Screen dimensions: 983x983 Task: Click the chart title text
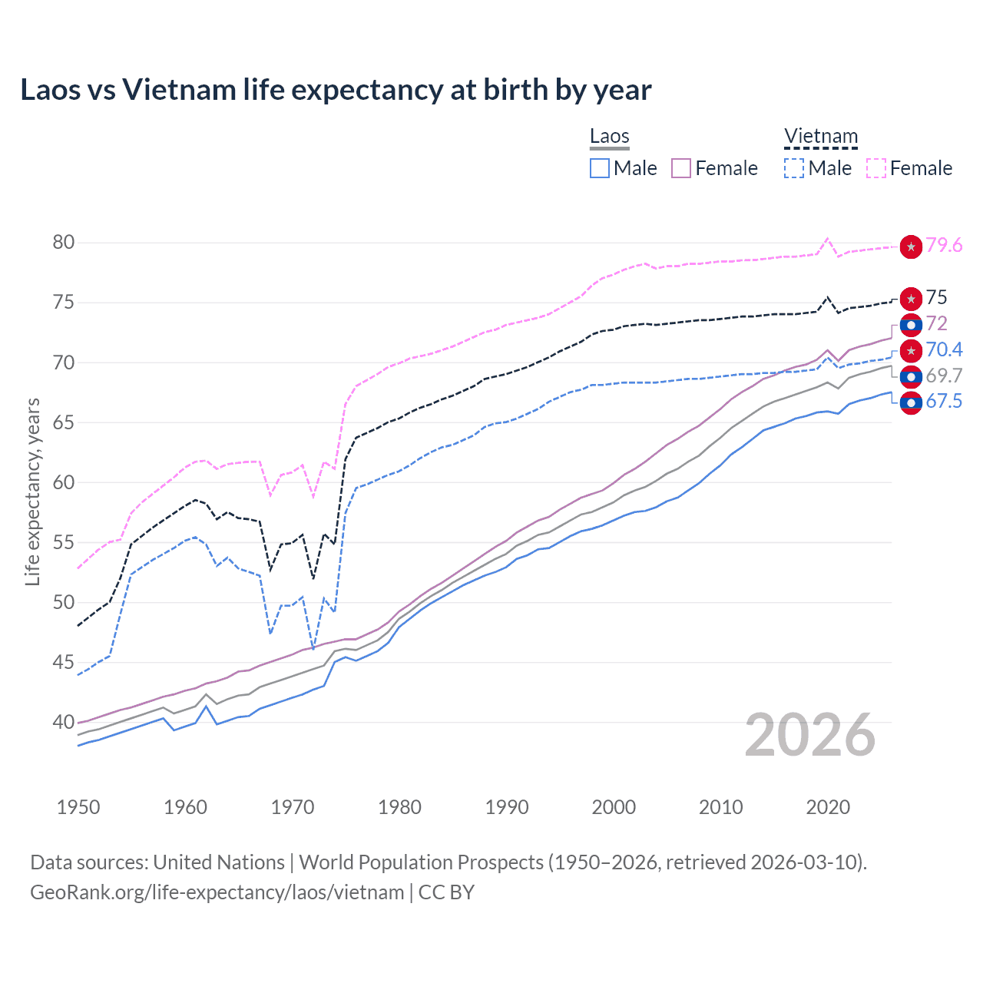tap(336, 90)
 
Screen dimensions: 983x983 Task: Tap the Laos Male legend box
tap(600, 168)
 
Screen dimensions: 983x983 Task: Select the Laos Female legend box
tap(681, 168)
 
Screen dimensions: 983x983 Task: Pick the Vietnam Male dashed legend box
tap(794, 168)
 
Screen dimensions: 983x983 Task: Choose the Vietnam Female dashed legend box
tap(876, 168)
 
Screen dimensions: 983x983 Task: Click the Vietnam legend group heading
tap(820, 137)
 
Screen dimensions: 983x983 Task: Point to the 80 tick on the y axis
tap(64, 243)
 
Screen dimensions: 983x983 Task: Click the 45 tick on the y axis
tap(64, 662)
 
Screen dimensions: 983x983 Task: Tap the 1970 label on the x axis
tap(293, 807)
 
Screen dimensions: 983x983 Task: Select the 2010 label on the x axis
tap(720, 807)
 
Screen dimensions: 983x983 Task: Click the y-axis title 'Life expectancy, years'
tap(32, 491)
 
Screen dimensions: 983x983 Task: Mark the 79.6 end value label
tap(944, 246)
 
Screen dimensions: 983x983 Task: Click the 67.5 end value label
tap(944, 402)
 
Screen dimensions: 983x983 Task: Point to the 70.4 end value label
tap(944, 350)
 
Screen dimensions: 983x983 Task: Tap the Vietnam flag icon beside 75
tap(911, 299)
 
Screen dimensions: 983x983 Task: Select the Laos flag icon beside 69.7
tap(911, 376)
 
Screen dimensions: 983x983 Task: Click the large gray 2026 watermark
tap(809, 735)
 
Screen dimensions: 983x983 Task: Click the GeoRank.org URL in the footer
tap(217, 892)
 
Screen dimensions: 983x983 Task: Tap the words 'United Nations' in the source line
tap(219, 862)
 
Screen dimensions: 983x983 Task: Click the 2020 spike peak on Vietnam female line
tap(827, 238)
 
